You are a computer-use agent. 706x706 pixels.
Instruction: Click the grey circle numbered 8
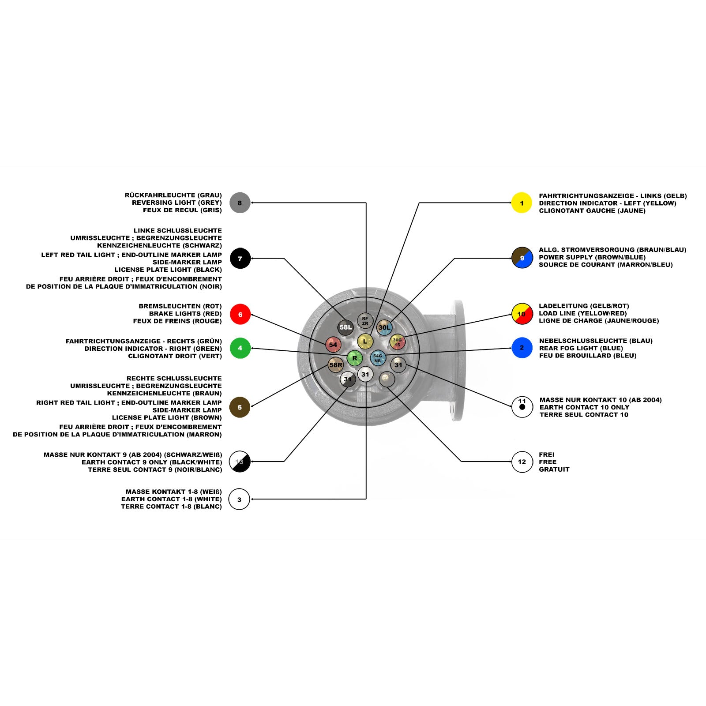(x=240, y=203)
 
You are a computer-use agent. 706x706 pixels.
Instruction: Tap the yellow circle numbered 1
(x=522, y=203)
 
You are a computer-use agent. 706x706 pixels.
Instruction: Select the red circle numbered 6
(x=240, y=314)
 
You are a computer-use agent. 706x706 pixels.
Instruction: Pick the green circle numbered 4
(x=240, y=348)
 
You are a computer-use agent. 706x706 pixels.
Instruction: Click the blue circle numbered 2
(x=522, y=348)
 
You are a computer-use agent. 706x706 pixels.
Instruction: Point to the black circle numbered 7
(x=240, y=259)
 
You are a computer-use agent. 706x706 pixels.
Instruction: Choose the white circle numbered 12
(x=522, y=462)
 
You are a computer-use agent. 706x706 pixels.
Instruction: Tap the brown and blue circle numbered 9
(x=522, y=258)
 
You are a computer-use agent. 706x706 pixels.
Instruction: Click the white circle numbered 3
(x=239, y=499)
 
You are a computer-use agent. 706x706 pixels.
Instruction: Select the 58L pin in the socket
(x=345, y=327)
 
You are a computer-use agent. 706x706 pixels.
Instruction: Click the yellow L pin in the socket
(x=365, y=341)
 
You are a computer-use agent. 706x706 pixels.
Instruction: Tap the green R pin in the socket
(x=354, y=358)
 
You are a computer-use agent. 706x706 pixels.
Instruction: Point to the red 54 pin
(x=333, y=345)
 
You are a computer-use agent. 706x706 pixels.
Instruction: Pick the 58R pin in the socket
(x=336, y=365)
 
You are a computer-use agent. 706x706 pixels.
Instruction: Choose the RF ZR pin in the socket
(x=365, y=321)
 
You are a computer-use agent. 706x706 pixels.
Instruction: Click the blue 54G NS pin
(x=378, y=358)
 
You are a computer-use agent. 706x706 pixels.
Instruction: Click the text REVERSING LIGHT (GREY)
(x=177, y=203)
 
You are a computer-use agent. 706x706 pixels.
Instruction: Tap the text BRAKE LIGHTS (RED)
(x=185, y=314)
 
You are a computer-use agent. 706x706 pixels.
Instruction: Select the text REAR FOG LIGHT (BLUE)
(x=581, y=348)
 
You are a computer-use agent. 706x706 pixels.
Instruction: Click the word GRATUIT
(x=554, y=469)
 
